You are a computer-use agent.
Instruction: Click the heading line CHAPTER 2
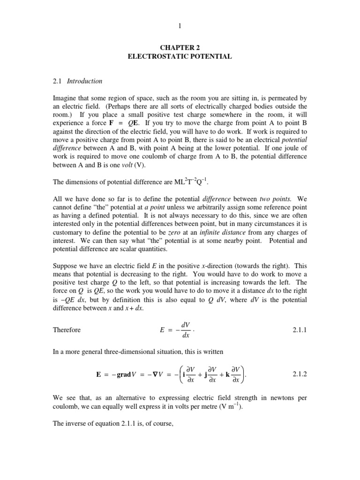(180, 47)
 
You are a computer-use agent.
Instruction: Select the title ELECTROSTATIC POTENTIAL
(180, 56)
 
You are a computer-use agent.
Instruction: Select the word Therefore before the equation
(67, 330)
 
